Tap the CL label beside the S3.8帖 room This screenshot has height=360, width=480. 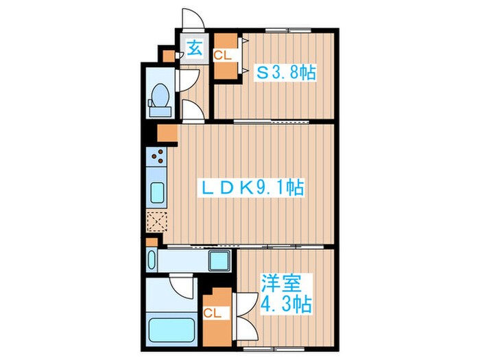(222, 56)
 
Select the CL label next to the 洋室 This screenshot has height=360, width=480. (213, 313)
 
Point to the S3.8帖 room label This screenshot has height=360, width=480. (286, 72)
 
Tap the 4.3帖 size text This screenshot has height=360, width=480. (287, 302)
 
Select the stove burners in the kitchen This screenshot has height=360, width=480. (157, 160)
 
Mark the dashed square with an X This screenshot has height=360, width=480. (157, 222)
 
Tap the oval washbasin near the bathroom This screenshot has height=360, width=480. (152, 260)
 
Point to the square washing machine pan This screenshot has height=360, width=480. (221, 261)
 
